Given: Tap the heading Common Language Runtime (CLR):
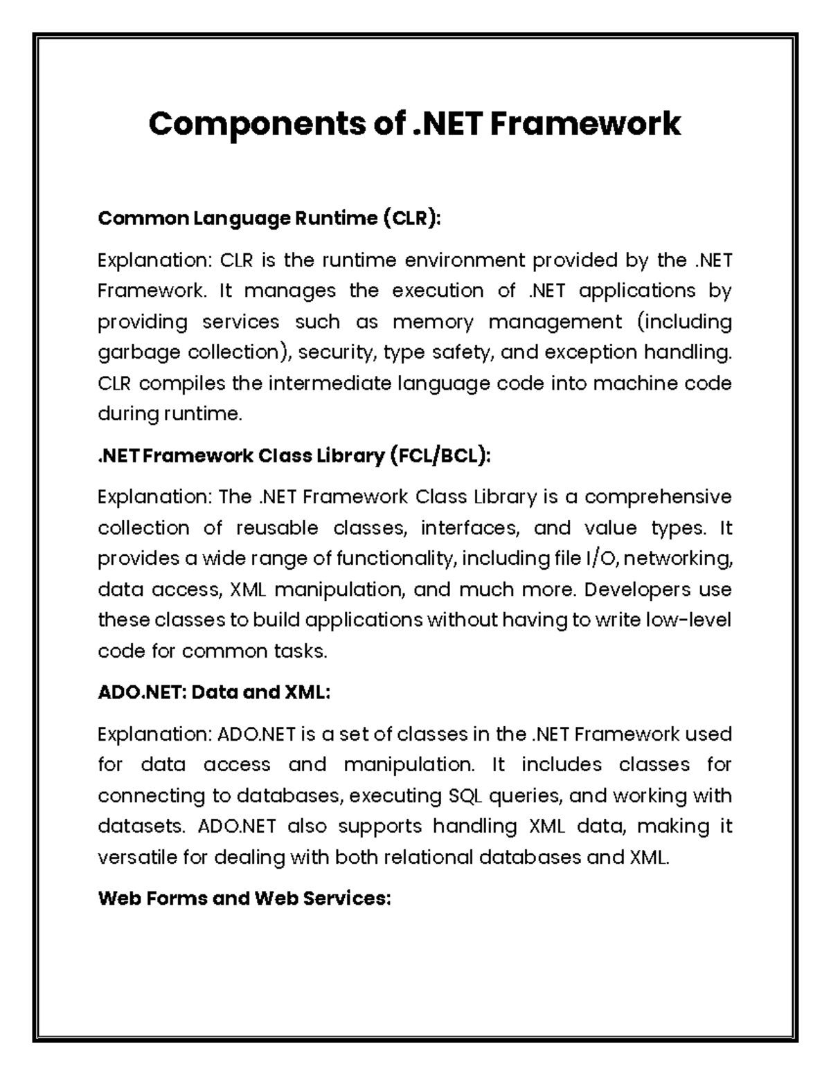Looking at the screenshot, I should [x=269, y=219].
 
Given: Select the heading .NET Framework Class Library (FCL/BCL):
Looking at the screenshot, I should [x=294, y=456].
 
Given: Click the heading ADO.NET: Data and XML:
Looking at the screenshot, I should [x=214, y=692].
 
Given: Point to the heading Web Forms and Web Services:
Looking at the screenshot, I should [x=244, y=898].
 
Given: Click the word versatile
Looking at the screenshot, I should [x=136, y=858].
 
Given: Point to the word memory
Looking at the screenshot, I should [x=433, y=323].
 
